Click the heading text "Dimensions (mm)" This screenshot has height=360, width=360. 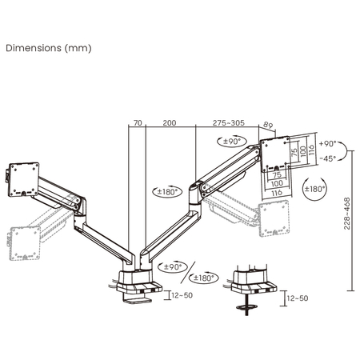click(49, 47)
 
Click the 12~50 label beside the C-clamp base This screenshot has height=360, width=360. click(182, 295)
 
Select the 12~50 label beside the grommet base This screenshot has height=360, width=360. click(296, 298)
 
